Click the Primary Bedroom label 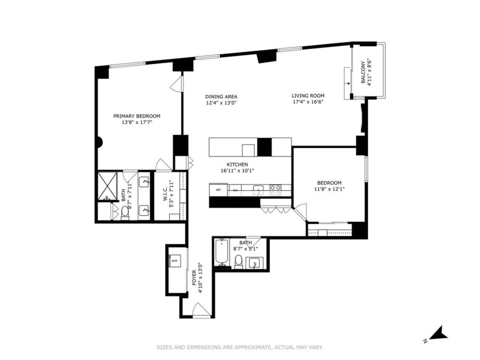click(137, 116)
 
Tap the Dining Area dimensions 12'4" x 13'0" click(221, 103)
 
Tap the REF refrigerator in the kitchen click(218, 190)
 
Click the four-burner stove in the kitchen click(275, 190)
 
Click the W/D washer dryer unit click(174, 261)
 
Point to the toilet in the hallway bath click(239, 262)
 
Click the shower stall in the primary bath click(107, 186)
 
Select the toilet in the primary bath click(125, 212)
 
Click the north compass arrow click(437, 333)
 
